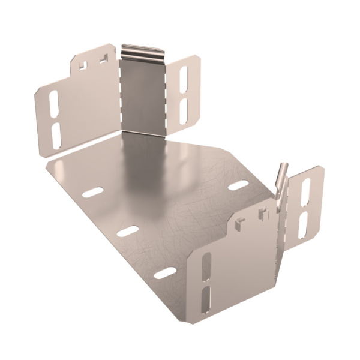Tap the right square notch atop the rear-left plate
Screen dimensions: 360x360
coord(104,59)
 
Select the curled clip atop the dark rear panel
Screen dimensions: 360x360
coord(142,52)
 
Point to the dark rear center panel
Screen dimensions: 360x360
coord(143,96)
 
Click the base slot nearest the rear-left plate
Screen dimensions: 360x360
coord(92,193)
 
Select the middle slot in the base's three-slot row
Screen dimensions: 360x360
coord(128,231)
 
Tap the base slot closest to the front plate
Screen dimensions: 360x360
coord(165,273)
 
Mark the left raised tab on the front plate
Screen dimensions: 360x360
coord(239,224)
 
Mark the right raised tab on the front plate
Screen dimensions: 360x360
coord(262,213)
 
